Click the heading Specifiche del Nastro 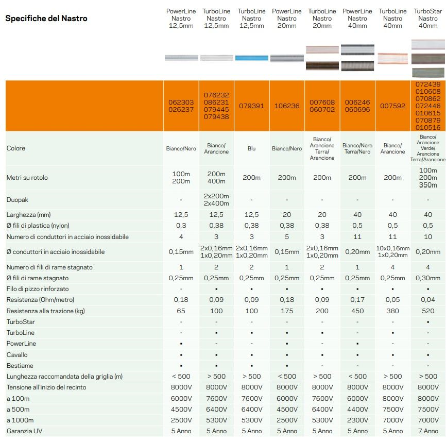pyautogui.click(x=46, y=19)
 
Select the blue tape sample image pyautogui.click(x=251, y=58)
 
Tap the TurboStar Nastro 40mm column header pyautogui.click(x=428, y=18)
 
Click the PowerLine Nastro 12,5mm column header pyautogui.click(x=181, y=18)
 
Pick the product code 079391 pyautogui.click(x=251, y=106)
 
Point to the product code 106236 pyautogui.click(x=287, y=106)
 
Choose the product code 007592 pyautogui.click(x=393, y=106)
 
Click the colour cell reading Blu pyautogui.click(x=251, y=148)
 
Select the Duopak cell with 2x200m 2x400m pyautogui.click(x=216, y=199)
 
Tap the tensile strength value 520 pyautogui.click(x=428, y=311)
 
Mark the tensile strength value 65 pyautogui.click(x=181, y=311)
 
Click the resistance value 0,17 pyautogui.click(x=357, y=300)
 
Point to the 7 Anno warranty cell pyautogui.click(x=428, y=431)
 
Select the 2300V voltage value pyautogui.click(x=357, y=420)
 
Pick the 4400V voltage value pyautogui.click(x=357, y=409)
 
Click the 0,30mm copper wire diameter pyautogui.click(x=428, y=278)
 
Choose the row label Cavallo pyautogui.click(x=17, y=354)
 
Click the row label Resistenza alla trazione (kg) pyautogui.click(x=45, y=311)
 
